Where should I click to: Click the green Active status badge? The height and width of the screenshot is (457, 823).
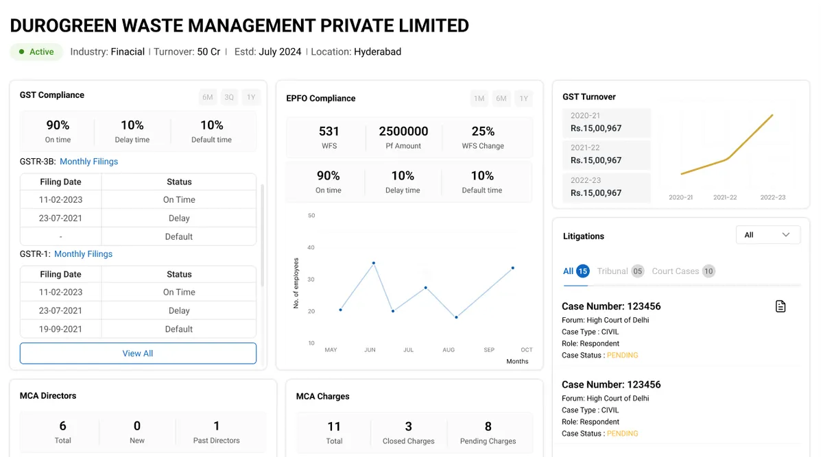click(36, 52)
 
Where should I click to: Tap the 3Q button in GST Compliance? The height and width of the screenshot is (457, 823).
click(229, 97)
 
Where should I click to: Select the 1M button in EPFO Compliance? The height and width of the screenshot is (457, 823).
click(479, 99)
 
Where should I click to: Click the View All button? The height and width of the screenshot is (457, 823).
click(138, 353)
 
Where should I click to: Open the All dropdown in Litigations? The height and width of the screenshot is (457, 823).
click(768, 235)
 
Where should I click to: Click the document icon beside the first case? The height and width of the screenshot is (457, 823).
click(780, 306)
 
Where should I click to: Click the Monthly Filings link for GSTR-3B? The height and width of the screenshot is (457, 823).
click(89, 162)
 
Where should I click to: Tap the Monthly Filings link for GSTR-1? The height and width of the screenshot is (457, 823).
click(84, 254)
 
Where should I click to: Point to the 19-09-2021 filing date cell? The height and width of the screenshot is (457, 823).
click(60, 329)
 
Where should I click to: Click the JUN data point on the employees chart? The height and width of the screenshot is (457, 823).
click(374, 263)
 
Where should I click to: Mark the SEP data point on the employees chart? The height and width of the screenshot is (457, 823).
click(456, 317)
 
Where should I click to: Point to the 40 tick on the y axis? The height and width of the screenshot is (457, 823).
click(311, 247)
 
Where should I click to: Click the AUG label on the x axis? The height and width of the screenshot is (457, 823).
click(449, 350)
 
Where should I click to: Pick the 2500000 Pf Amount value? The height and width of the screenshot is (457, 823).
click(403, 131)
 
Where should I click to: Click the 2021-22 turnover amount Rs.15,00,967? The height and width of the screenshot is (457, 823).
click(596, 160)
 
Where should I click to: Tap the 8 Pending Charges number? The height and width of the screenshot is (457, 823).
click(488, 427)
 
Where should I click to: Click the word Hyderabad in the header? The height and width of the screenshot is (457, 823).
click(377, 52)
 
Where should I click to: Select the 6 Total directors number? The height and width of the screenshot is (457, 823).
click(63, 425)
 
